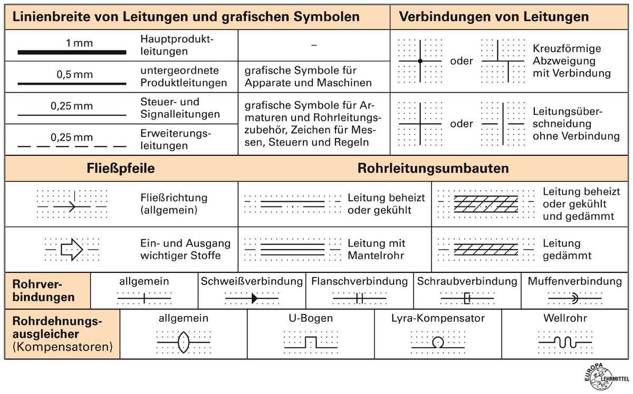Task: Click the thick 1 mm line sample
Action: click(x=72, y=52)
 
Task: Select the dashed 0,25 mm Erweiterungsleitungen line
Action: click(x=72, y=145)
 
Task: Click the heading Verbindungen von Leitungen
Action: click(x=494, y=16)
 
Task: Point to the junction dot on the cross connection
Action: click(x=420, y=62)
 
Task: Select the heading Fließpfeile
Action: click(x=121, y=169)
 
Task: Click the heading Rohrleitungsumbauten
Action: click(x=433, y=169)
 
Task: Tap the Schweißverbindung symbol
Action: click(x=253, y=299)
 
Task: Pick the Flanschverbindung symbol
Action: click(x=359, y=299)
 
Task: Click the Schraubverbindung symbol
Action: click(x=466, y=299)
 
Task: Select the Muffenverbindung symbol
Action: click(x=574, y=299)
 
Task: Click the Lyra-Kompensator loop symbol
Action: click(x=437, y=343)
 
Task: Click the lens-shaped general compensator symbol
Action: click(x=184, y=342)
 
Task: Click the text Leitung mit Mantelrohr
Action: click(x=376, y=249)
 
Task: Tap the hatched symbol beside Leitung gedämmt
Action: click(x=478, y=249)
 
